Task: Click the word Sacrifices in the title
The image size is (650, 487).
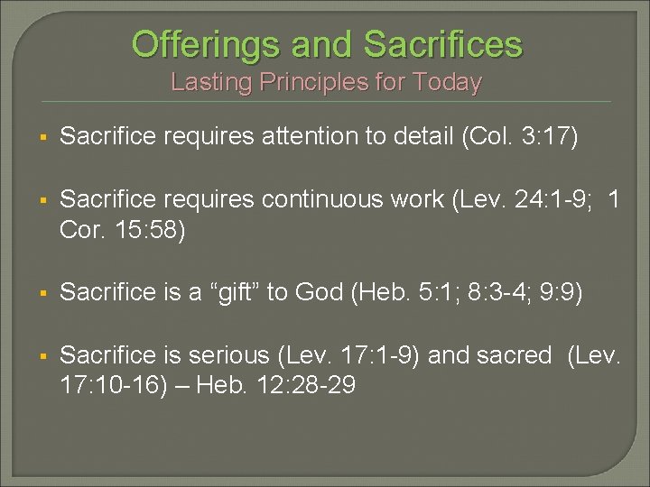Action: [442, 43]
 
